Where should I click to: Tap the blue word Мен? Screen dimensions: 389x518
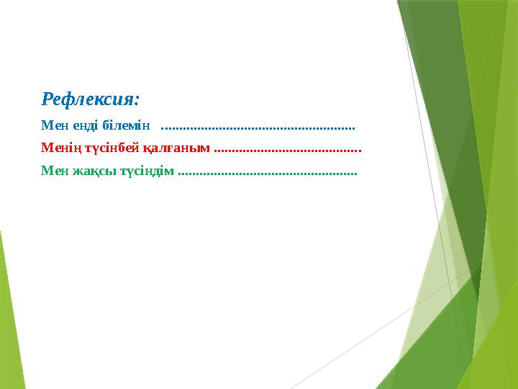[x=52, y=126]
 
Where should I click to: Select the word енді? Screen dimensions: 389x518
[x=81, y=126]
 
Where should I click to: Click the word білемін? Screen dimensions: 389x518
[x=125, y=126]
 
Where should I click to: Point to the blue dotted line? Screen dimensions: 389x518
[x=258, y=128]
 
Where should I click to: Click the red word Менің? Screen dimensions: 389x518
[x=59, y=149]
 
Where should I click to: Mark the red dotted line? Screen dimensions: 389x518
[x=288, y=151]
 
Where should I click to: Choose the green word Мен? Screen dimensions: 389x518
[x=52, y=171]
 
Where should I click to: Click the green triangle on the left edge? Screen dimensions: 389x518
[x=7, y=317]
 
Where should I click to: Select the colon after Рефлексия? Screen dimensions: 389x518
[x=136, y=99]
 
